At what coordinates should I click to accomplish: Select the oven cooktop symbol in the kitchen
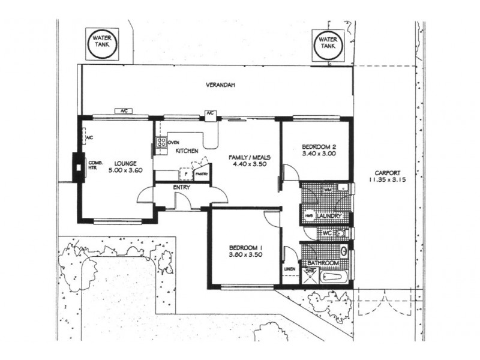tap(161, 143)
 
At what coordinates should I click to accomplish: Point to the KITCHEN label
tap(187, 151)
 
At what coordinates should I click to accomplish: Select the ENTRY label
tap(181, 188)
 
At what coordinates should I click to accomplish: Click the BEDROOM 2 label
tap(318, 146)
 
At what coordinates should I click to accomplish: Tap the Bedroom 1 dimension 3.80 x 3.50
tap(246, 255)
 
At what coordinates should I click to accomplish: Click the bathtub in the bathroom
tap(335, 277)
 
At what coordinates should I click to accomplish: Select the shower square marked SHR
tap(310, 274)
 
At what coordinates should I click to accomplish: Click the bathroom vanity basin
tap(344, 251)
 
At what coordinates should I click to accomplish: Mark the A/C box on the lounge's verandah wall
tap(122, 111)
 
